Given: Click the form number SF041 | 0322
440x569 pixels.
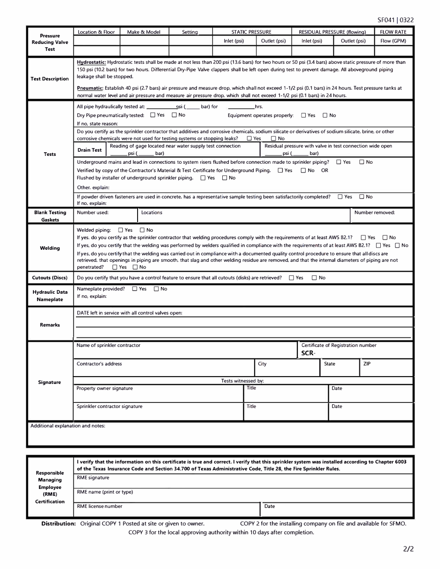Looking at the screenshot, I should coord(395,20).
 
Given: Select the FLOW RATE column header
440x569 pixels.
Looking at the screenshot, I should coord(393,32).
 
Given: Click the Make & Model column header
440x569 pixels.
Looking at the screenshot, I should coord(144,32).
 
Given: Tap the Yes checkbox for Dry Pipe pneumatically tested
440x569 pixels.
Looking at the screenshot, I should coord(153,115).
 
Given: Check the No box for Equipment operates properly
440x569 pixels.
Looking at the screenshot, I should coord(325,115).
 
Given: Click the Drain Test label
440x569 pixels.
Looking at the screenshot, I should coord(89,150).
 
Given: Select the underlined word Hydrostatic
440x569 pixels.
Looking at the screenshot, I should coord(91,62).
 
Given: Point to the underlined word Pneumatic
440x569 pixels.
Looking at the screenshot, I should coord(90,88).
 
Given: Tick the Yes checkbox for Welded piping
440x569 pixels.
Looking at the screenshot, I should coord(121,230).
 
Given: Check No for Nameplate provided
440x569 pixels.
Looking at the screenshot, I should coord(157,289).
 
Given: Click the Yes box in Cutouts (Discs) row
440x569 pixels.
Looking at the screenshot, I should coord(291,278).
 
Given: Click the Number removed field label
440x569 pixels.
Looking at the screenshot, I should coord(374,213).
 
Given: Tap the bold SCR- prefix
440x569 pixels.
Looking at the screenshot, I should coord(308,353).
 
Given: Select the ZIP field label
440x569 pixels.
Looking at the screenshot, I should coord(367,364).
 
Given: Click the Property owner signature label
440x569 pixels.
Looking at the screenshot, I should coord(105,389).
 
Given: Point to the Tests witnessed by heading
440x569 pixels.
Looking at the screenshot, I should coord(242,381).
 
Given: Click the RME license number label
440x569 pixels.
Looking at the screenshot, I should coord(100,507).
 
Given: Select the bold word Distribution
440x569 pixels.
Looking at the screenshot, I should coord(58,524).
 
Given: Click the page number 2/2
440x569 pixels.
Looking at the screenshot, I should coord(408,550).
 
